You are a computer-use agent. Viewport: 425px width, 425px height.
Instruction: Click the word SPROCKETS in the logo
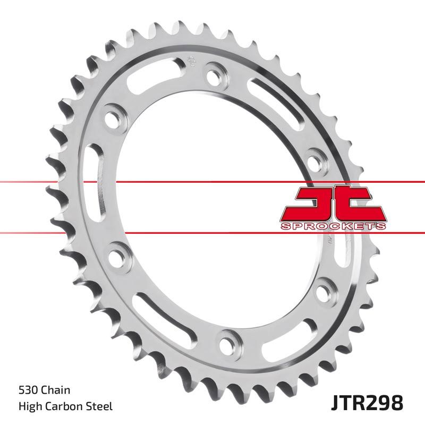click(333, 226)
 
